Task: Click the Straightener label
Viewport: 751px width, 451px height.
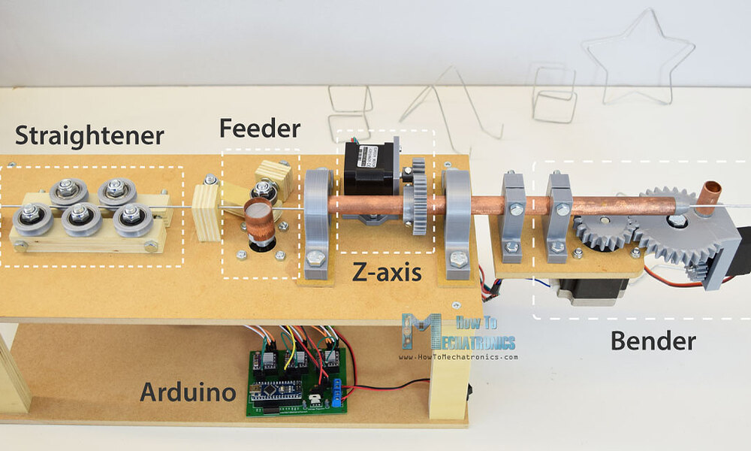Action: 89,136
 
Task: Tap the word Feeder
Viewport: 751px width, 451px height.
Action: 260,129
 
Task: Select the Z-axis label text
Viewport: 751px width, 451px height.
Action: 387,273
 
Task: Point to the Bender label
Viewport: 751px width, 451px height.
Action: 653,341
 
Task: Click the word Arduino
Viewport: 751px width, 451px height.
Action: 189,392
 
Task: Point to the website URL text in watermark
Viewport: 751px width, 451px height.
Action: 458,356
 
